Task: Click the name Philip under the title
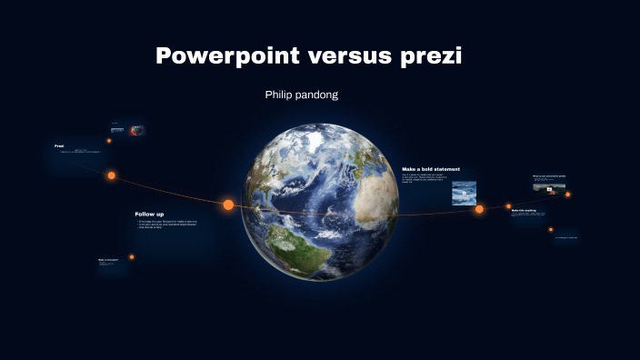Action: pyautogui.click(x=279, y=95)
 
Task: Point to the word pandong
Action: pyautogui.click(x=318, y=95)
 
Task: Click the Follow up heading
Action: pyautogui.click(x=149, y=214)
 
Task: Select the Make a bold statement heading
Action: pyautogui.click(x=431, y=169)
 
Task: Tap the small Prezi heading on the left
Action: pyautogui.click(x=59, y=145)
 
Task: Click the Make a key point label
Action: pyautogui.click(x=108, y=260)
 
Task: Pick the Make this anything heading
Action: pyautogui.click(x=524, y=210)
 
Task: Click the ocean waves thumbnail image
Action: pyautogui.click(x=464, y=193)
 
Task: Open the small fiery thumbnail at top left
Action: pyautogui.click(x=137, y=130)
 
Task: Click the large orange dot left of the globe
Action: pyautogui.click(x=228, y=205)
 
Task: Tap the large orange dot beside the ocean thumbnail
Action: pyautogui.click(x=479, y=209)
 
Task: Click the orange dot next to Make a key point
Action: pyautogui.click(x=132, y=257)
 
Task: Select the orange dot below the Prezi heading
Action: pyautogui.click(x=112, y=175)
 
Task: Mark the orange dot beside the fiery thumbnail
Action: pyautogui.click(x=109, y=141)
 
